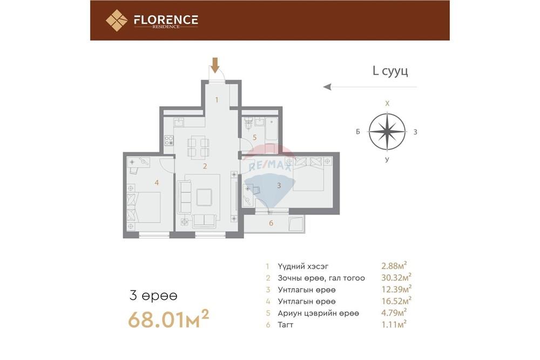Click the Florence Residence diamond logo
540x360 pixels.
click(116, 21)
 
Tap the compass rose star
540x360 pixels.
click(387, 131)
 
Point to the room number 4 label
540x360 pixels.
click(157, 182)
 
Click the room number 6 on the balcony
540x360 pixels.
click(271, 223)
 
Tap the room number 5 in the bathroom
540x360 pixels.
click(247, 137)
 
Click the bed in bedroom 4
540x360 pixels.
click(145, 207)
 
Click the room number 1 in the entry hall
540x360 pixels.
click(217, 99)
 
